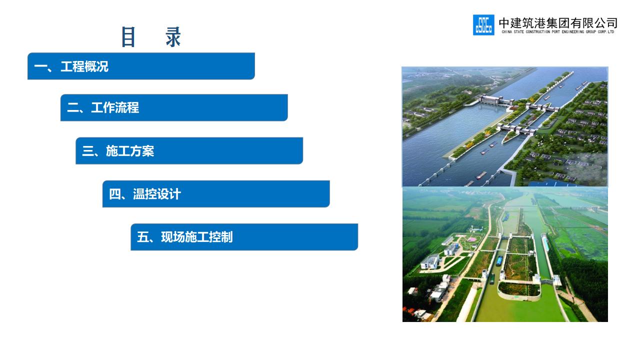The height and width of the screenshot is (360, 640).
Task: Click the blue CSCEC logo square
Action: point(483,25)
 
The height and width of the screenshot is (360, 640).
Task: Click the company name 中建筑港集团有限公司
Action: point(558,23)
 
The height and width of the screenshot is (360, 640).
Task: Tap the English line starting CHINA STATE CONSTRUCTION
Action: point(557,31)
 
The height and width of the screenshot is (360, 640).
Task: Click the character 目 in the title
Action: point(128,37)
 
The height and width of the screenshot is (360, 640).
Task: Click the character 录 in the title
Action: point(173,37)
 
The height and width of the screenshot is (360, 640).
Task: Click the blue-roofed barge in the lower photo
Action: point(499,260)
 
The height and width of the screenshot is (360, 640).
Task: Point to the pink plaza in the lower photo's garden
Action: point(471,239)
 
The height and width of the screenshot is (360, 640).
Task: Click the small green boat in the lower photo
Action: point(492,278)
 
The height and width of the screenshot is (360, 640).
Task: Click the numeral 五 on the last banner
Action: point(143,237)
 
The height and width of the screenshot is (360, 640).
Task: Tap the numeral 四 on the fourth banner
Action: point(115,194)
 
